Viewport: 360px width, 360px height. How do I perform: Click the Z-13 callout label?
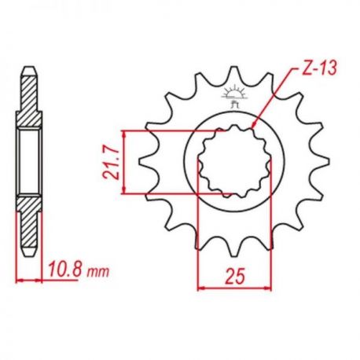coord(318,68)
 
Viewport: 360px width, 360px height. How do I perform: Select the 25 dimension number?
coord(234,276)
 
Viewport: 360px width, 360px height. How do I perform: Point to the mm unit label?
coord(97,273)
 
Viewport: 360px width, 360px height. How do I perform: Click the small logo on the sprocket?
coord(234,97)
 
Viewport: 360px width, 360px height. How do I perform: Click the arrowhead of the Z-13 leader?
coord(254,125)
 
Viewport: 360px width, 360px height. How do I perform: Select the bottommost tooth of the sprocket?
coord(234,249)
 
